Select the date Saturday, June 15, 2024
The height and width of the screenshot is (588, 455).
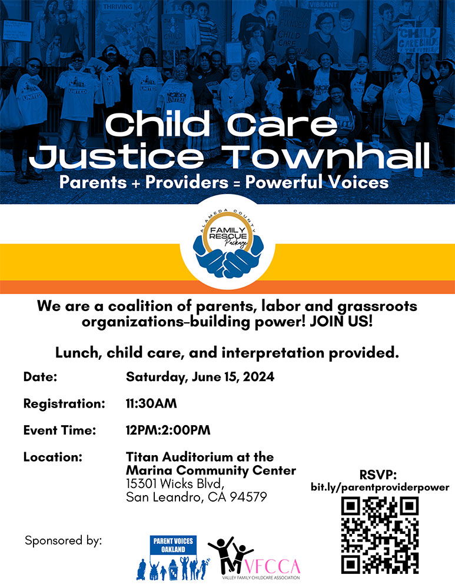click(x=200, y=377)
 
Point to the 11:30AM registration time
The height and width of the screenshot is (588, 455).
click(x=151, y=404)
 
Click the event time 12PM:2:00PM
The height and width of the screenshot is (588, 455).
click(x=168, y=430)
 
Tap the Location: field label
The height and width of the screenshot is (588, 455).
click(x=52, y=457)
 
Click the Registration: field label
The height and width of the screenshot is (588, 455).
click(x=64, y=404)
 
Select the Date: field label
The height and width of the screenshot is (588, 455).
click(x=40, y=377)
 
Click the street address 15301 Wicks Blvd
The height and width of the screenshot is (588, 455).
click(x=175, y=484)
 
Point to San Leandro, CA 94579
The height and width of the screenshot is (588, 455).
click(x=197, y=497)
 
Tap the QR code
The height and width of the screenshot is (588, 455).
click(x=380, y=535)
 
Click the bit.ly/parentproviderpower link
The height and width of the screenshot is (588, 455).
click(x=380, y=487)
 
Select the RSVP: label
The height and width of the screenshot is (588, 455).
click(x=378, y=475)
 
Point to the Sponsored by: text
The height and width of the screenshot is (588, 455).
click(x=64, y=540)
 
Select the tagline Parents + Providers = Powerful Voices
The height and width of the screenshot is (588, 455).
click(x=224, y=182)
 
